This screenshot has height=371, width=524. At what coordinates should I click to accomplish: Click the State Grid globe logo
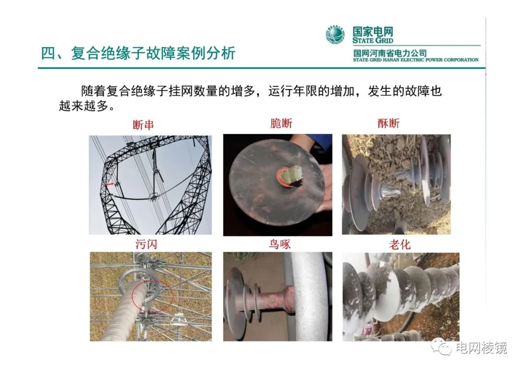click(x=335, y=34)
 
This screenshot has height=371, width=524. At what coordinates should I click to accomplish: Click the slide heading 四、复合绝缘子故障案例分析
click(x=138, y=53)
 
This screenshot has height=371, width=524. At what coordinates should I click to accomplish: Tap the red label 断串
click(x=143, y=125)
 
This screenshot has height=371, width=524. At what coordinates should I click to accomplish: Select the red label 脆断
click(x=281, y=123)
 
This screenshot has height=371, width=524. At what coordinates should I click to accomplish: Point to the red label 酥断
click(x=389, y=123)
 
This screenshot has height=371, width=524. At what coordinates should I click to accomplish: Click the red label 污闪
click(x=146, y=244)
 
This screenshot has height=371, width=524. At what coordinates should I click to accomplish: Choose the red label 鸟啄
click(x=280, y=244)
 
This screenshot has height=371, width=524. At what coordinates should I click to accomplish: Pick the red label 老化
click(x=400, y=245)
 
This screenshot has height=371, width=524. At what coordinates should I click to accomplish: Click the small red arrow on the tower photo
click(x=109, y=184)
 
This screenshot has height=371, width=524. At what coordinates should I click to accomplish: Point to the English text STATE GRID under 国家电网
click(x=373, y=40)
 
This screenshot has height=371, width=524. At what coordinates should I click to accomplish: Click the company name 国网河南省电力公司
click(x=390, y=53)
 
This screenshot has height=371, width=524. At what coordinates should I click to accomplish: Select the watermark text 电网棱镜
click(x=482, y=348)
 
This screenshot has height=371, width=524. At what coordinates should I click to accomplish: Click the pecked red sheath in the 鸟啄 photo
click(x=275, y=299)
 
